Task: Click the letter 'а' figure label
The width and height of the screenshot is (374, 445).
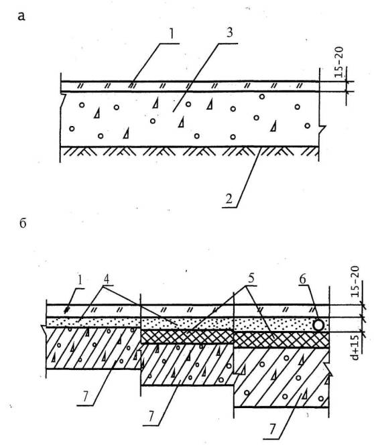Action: pyautogui.click(x=21, y=17)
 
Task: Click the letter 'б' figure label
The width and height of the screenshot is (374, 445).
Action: pyautogui.click(x=23, y=223)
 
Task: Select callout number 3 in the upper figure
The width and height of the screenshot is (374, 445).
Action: pyautogui.click(x=229, y=33)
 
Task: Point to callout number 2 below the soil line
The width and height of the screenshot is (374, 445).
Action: pyautogui.click(x=229, y=198)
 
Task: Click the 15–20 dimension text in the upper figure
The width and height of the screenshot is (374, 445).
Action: pyautogui.click(x=338, y=62)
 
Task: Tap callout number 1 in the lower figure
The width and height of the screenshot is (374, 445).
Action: pyautogui.click(x=80, y=280)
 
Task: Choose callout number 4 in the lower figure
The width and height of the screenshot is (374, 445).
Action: pyautogui.click(x=106, y=279)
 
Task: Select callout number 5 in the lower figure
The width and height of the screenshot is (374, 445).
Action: pyautogui.click(x=251, y=278)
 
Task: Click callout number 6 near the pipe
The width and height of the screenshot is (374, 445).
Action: pyautogui.click(x=302, y=279)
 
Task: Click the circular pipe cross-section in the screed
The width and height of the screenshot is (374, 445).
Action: pyautogui.click(x=318, y=325)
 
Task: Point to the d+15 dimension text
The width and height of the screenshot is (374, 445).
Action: pyautogui.click(x=355, y=347)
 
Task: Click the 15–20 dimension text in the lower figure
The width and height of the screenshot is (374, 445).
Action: pyautogui.click(x=355, y=281)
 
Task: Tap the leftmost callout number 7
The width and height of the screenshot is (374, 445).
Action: pyautogui.click(x=86, y=397)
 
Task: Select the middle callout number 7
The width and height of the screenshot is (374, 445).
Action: pyautogui.click(x=151, y=417)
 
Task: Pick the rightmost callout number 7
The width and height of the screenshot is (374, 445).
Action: pyautogui.click(x=273, y=429)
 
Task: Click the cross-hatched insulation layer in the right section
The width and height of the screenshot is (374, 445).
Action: pyautogui.click(x=282, y=339)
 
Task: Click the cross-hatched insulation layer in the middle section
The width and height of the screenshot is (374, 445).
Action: pyautogui.click(x=187, y=336)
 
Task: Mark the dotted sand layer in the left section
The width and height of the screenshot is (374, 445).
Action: pyautogui.click(x=94, y=322)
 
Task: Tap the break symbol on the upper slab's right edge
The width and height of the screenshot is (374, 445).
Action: pyautogui.click(x=322, y=128)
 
